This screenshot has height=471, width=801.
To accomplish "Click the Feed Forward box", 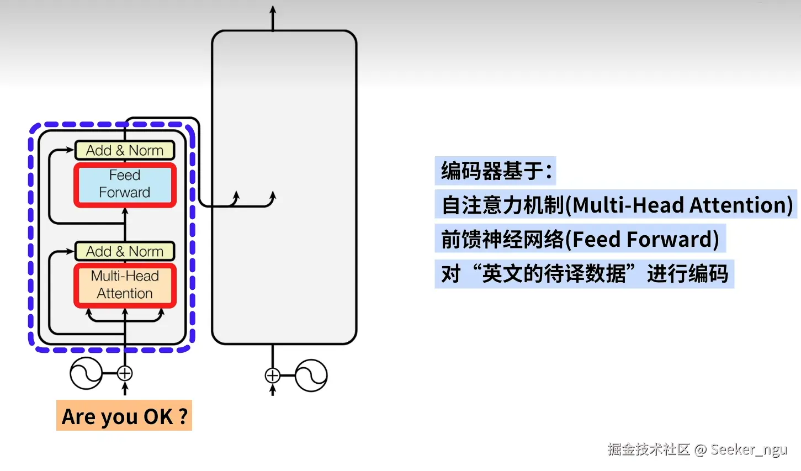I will [x=125, y=184].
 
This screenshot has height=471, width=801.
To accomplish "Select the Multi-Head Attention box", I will [x=125, y=285].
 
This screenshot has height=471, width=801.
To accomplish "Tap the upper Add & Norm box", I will [x=125, y=150].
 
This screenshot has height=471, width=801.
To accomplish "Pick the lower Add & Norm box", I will [x=125, y=251].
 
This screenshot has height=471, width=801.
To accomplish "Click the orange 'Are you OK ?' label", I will [x=124, y=416].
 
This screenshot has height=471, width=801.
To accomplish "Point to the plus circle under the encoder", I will [x=125, y=373].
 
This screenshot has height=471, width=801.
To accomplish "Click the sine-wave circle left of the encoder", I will [x=86, y=373].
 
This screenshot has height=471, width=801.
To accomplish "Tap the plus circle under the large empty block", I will [x=273, y=375].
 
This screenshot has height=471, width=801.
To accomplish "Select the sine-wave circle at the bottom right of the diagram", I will [x=311, y=375].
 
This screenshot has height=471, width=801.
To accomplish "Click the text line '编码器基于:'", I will [x=496, y=171].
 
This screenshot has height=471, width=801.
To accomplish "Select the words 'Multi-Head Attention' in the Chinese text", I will [x=683, y=205].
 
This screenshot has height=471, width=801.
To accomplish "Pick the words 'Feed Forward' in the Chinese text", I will [x=645, y=240].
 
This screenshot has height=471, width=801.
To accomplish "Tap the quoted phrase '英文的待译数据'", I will [x=554, y=274].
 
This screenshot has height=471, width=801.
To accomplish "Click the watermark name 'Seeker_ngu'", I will [x=749, y=449].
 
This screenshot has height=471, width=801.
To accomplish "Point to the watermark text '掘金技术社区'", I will [x=649, y=449].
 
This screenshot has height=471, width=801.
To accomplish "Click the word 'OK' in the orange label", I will [x=158, y=416].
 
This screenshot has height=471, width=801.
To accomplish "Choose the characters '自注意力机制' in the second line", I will [x=503, y=205].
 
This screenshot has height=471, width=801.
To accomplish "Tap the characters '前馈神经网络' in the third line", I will [x=502, y=240].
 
